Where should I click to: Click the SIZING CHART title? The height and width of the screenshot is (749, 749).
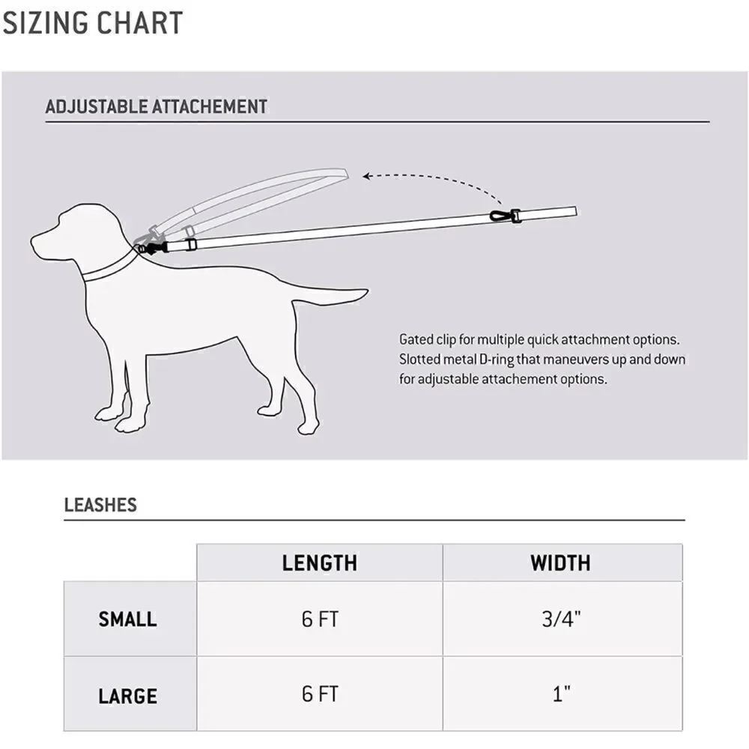point(93,22)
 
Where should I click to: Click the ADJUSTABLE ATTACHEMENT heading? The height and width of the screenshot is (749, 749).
point(157,106)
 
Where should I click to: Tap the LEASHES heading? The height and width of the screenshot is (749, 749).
point(100,505)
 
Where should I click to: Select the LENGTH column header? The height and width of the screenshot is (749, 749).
point(320,562)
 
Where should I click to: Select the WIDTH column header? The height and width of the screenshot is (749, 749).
point(560,562)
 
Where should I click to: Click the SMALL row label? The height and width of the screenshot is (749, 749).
point(127,619)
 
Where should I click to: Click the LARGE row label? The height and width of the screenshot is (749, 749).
point(127,696)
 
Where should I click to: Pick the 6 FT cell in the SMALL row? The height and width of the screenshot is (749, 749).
point(320,619)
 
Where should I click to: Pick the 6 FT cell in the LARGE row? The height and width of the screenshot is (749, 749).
point(320,694)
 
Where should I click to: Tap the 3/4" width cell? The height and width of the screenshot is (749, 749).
point(561,619)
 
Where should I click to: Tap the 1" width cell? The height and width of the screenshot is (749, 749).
point(561,694)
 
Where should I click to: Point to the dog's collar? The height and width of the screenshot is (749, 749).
point(111,267)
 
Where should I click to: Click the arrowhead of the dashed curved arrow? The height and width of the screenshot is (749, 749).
point(366,176)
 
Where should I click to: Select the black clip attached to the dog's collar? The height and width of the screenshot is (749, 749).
point(154,249)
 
